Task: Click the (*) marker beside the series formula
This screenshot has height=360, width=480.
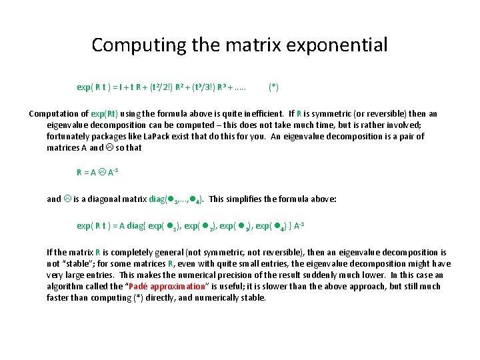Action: pyautogui.click(x=273, y=87)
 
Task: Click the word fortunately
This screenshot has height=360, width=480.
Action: pyautogui.click(x=69, y=136)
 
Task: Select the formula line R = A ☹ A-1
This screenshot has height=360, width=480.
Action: pyautogui.click(x=97, y=172)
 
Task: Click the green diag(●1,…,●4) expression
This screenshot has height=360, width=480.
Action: pyautogui.click(x=171, y=199)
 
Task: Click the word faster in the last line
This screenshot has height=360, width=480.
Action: pyautogui.click(x=59, y=297)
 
